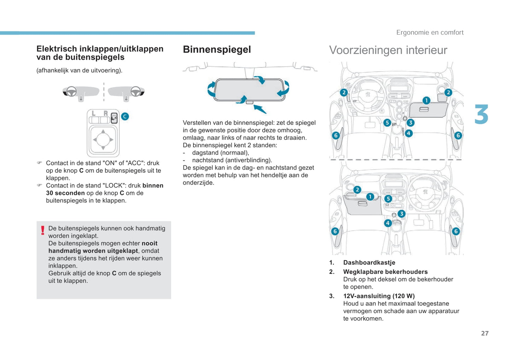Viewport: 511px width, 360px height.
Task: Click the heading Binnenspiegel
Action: tap(217, 49)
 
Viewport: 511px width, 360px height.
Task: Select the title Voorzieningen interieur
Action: tap(388, 50)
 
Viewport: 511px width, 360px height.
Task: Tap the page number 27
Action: tap(484, 333)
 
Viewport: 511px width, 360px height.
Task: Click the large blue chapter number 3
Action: tap(481, 115)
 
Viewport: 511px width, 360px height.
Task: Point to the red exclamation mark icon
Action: tap(43, 230)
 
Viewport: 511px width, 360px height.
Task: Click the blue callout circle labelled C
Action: tap(125, 116)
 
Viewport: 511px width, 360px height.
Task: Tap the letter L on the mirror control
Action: tap(94, 113)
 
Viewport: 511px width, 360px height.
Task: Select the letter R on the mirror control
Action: tap(105, 113)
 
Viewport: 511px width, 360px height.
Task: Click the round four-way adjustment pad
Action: tap(103, 140)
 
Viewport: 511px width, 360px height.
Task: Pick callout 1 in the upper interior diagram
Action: tap(426, 100)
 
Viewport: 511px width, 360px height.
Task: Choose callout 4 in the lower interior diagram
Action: tap(388, 223)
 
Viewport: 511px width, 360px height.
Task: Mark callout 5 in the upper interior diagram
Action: tap(387, 123)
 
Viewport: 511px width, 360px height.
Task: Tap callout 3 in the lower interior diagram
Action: tap(401, 214)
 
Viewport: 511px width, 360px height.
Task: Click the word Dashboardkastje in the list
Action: tap(369, 262)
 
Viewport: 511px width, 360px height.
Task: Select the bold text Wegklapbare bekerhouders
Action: tap(385, 272)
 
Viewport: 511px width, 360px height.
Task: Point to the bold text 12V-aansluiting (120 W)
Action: tap(379, 296)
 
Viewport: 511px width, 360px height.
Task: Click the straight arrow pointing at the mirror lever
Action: tap(260, 109)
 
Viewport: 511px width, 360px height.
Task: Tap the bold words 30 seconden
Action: tap(65, 193)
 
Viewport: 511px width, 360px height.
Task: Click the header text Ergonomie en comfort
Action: tap(430, 33)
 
